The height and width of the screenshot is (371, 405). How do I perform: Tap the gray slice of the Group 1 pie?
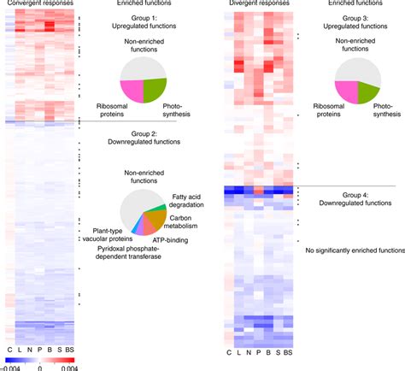[141, 68]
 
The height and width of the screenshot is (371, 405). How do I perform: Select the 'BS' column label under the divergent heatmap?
[288, 352]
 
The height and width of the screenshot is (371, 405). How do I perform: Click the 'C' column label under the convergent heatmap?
[9, 352]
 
